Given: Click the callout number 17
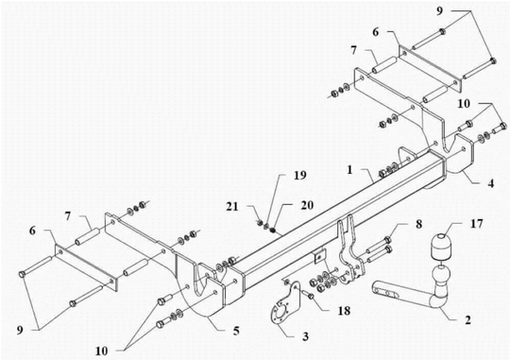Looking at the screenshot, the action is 477,224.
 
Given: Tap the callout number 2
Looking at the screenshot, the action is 467,320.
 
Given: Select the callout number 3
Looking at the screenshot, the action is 305,336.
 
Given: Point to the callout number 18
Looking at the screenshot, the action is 344,311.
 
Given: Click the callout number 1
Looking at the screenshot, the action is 349,169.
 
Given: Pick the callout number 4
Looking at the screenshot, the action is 490,183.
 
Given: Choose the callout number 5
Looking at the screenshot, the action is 236,331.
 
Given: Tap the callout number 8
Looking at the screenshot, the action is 418,224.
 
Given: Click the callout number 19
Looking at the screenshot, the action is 300,176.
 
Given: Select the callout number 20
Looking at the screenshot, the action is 307,205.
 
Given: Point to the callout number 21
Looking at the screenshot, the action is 232,206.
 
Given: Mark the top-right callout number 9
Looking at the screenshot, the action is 439,11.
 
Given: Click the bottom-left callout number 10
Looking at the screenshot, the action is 101,351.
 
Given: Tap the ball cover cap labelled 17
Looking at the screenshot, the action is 441,247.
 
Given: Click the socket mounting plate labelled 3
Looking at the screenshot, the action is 285,304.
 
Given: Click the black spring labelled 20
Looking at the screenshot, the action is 273,231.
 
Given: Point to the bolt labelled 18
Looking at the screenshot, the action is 309,295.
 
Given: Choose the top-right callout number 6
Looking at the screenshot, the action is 375,32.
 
